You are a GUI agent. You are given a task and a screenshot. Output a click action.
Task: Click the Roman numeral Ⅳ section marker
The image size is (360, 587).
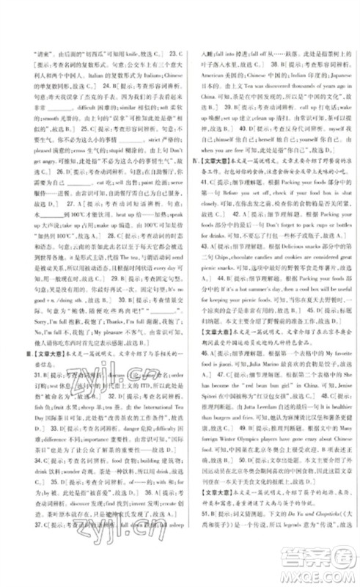pos(194,177)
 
